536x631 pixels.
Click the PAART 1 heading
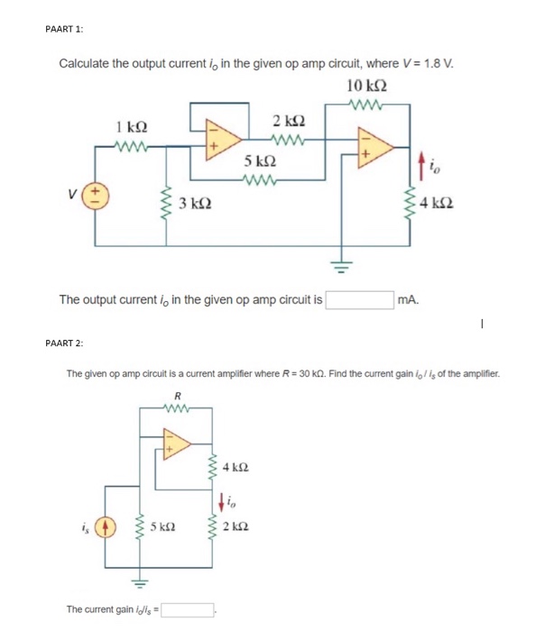[x=64, y=28]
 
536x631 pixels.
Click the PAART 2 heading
[x=64, y=342]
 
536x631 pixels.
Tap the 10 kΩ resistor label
[x=365, y=86]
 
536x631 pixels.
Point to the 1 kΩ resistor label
[x=133, y=128]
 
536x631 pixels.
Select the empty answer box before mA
[x=360, y=298]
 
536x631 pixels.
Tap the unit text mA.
[x=409, y=299]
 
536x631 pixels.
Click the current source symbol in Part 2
[x=105, y=525]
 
